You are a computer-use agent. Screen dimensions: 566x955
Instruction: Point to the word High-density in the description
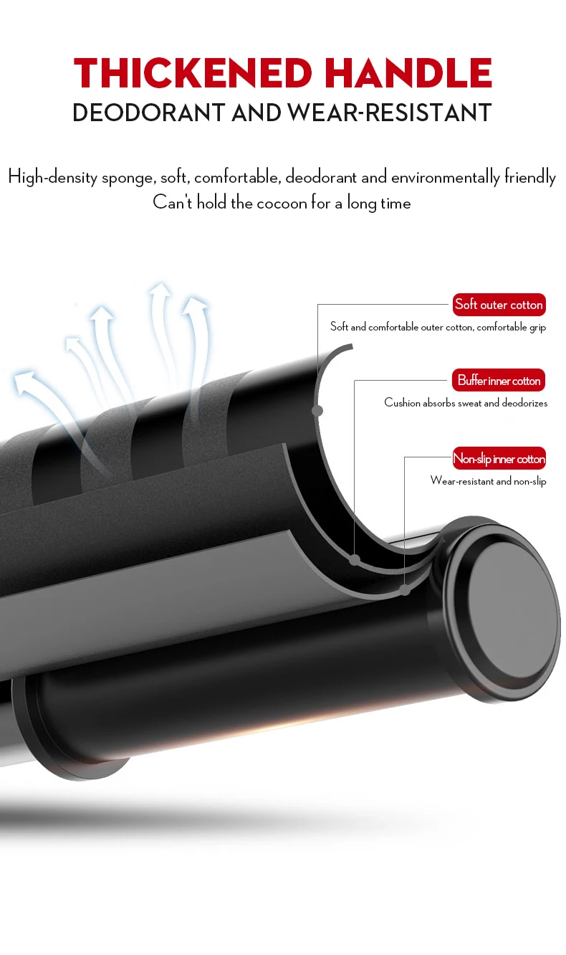pos(54,177)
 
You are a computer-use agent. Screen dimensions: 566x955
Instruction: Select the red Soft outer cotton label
pos(499,305)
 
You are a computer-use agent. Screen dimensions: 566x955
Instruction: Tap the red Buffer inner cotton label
pos(499,381)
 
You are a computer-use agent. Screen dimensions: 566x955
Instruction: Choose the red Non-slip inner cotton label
pos(499,459)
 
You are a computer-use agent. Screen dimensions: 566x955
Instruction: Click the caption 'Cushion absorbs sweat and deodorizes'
pos(466,403)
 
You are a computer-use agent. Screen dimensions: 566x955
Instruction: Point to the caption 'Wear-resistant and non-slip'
pos(488,481)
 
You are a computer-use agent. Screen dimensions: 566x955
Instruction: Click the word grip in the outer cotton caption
pos(537,328)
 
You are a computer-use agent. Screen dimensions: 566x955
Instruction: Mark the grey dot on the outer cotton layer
pos(317,411)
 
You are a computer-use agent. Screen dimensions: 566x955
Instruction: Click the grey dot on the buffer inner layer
pos(354,559)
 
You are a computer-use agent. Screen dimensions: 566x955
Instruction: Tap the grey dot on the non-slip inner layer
pos(405,591)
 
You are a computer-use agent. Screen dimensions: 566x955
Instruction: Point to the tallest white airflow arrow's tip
pos(160,288)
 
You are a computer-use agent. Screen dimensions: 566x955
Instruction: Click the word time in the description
pos(395,203)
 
